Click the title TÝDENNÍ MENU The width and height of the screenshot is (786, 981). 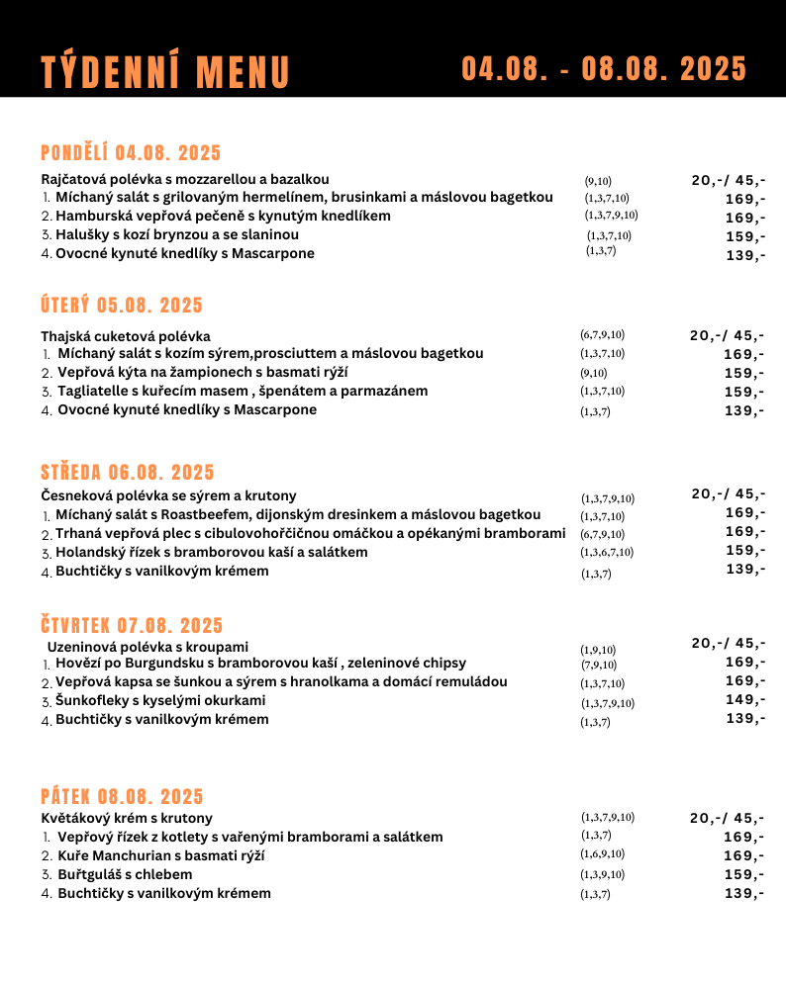point(165,72)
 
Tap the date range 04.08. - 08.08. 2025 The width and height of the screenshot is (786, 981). point(604,69)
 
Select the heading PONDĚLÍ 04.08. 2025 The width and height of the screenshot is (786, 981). point(131,153)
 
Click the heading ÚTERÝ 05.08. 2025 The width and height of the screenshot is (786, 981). point(121,305)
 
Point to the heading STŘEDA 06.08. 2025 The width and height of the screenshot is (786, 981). point(127,473)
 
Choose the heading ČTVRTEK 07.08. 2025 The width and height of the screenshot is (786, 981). point(132,625)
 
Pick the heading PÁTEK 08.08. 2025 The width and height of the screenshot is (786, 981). point(122,797)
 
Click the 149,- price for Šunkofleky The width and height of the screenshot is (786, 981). point(744,700)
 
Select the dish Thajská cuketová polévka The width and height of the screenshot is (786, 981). point(126,336)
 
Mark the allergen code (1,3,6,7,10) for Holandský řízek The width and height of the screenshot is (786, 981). point(607,552)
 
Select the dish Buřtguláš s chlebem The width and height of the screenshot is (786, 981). point(125,874)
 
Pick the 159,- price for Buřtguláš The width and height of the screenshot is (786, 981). point(743,874)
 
